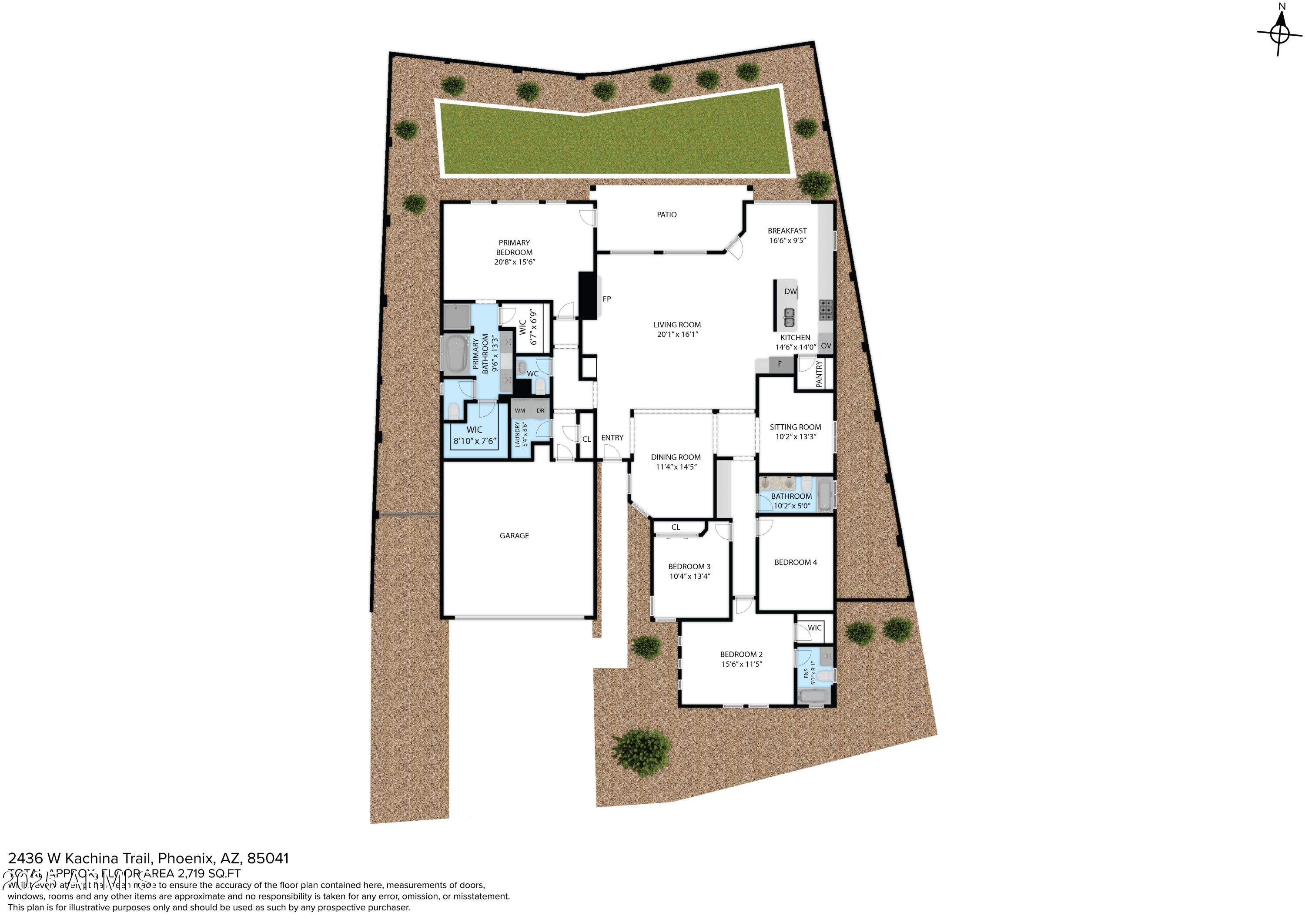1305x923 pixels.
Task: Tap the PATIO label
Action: [667, 215]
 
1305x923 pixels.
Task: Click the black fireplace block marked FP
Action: [588, 296]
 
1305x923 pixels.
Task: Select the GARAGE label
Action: [514, 536]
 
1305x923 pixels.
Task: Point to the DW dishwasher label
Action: [790, 292]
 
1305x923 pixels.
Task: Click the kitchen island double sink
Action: [789, 317]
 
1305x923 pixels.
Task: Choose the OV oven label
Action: [826, 346]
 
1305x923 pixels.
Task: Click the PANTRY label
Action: [819, 374]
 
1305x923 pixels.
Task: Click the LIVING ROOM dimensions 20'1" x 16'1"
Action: [677, 334]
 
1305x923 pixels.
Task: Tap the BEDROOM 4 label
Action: [795, 562]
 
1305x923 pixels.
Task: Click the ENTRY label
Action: [612, 438]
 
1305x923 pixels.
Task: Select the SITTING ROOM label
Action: [795, 427]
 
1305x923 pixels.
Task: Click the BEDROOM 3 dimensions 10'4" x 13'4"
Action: [689, 576]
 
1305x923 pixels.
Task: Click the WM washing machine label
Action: [519, 411]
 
